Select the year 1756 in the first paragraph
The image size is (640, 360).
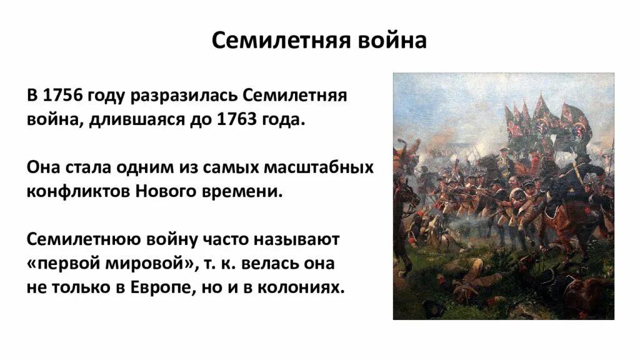61,97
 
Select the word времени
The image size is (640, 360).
248,190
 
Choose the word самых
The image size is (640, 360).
227,168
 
